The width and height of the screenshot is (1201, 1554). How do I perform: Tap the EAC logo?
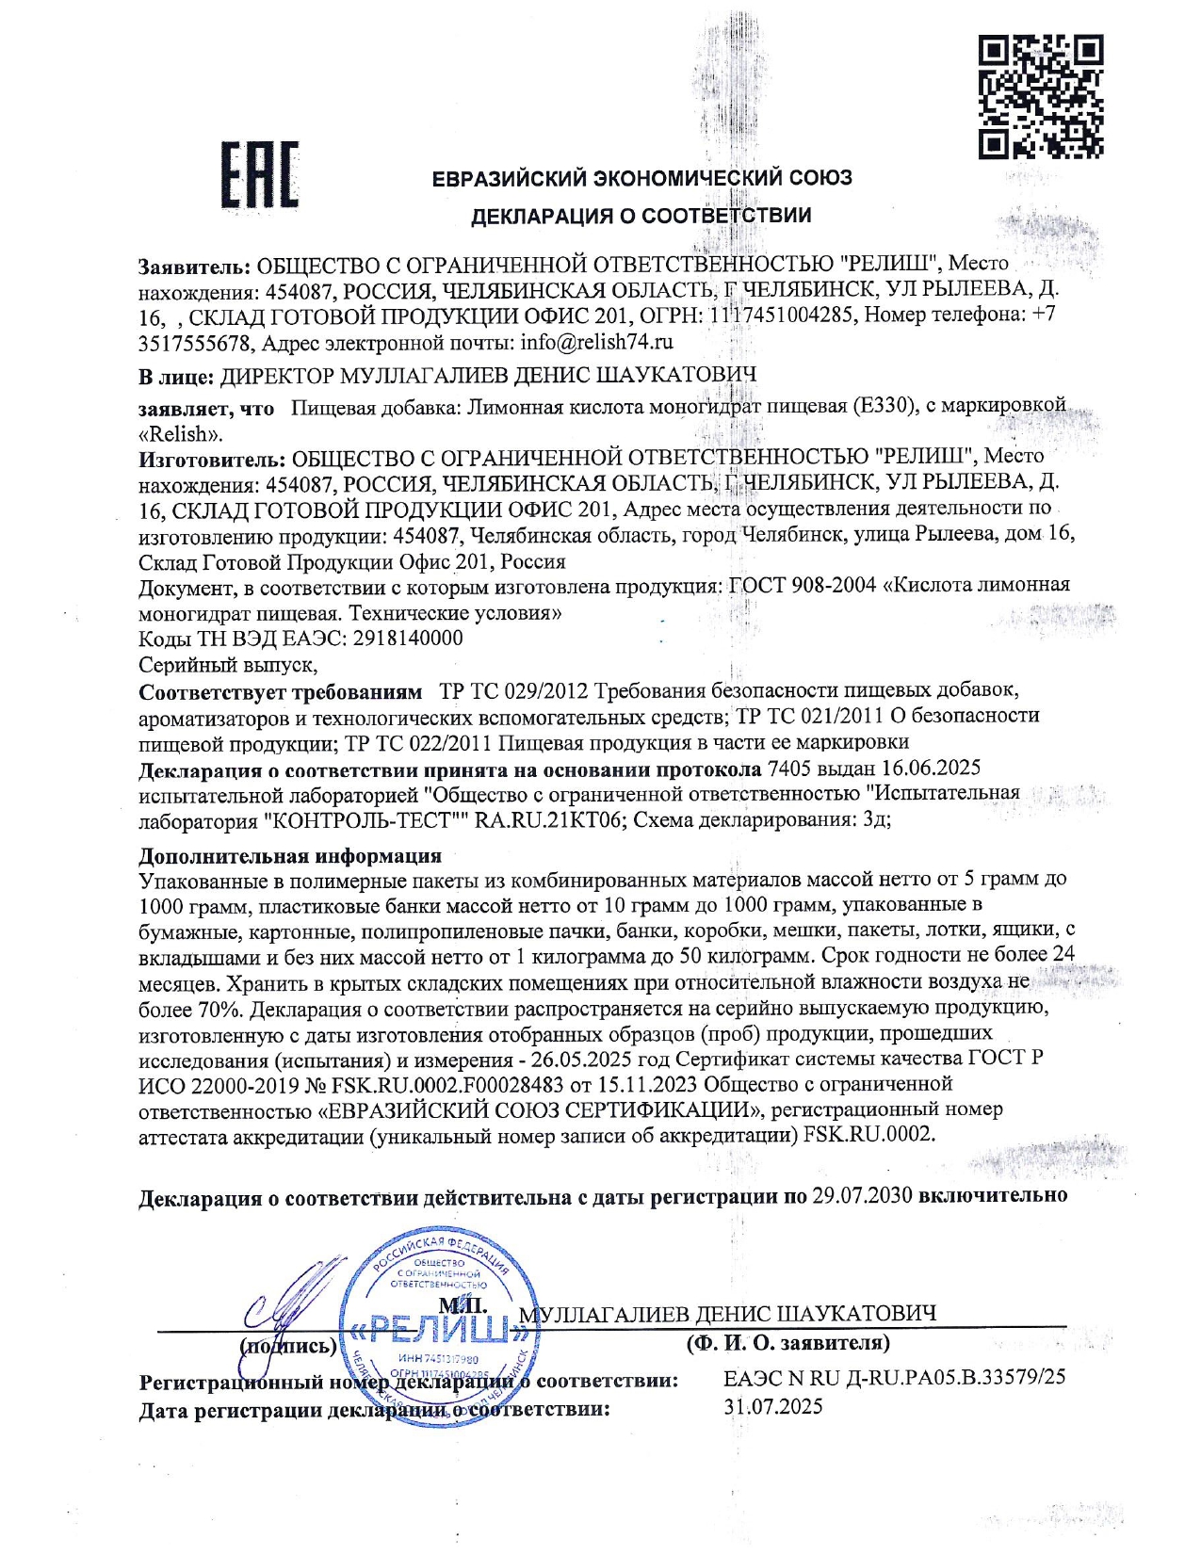pos(261,175)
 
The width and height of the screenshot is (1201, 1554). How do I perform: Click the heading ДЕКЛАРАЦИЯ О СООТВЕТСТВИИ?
pos(641,216)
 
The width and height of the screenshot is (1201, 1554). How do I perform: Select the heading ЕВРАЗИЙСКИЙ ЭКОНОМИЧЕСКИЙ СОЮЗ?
pos(641,178)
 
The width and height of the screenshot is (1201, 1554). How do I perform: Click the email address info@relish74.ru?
pos(596,341)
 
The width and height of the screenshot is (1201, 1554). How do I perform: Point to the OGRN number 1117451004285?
pos(781,315)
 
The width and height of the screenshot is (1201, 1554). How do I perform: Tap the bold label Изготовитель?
pos(211,459)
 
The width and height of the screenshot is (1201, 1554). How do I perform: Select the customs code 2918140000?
pos(408,639)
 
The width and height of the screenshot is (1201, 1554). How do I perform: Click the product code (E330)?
pos(883,407)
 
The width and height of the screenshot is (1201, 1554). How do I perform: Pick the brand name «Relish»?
pos(180,434)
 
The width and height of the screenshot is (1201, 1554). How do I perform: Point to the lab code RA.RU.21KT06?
pos(548,819)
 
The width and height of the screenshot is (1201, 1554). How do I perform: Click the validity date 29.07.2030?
pos(862,1195)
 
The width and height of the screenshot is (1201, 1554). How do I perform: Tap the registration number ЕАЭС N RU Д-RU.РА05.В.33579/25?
pos(894,1377)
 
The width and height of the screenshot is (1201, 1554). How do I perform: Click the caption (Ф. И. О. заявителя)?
pos(787,1343)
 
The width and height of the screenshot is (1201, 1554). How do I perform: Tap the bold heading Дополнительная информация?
pos(290,856)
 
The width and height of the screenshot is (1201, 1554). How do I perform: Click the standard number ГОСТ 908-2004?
pos(803,585)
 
